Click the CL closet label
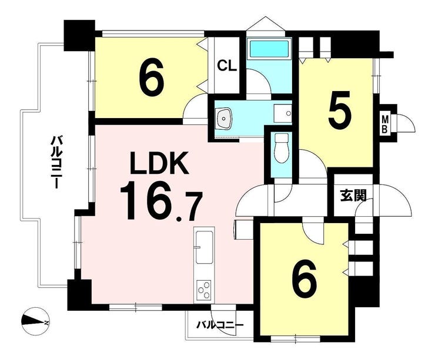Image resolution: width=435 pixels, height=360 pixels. [227, 66]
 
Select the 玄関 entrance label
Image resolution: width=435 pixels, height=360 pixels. [353, 196]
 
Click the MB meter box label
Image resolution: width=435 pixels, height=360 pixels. [385, 125]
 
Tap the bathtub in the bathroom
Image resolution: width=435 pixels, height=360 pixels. [269, 49]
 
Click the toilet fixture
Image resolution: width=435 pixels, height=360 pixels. [282, 148]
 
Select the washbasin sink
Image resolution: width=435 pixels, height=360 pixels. [223, 118]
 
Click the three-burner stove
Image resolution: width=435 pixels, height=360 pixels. [203, 290]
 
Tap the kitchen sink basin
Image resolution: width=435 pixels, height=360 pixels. [205, 247]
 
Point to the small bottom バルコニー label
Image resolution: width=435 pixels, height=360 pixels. [220, 325]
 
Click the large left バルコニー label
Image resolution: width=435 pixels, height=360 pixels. [56, 162]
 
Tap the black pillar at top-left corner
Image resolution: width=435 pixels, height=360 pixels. [79, 35]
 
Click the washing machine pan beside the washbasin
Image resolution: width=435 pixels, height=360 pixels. [283, 113]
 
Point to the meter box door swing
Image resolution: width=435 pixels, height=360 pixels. [406, 123]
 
